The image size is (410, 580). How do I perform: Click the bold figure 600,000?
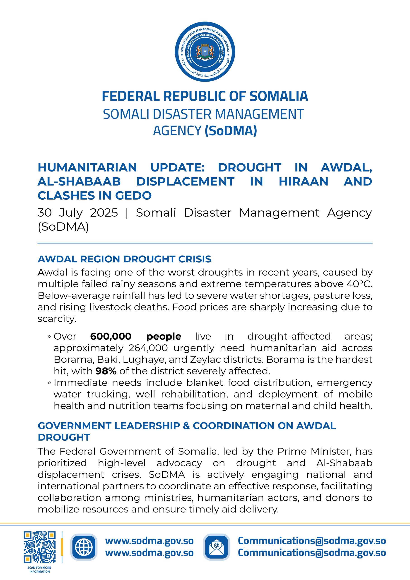coord(111,336)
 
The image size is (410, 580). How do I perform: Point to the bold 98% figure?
coord(106,371)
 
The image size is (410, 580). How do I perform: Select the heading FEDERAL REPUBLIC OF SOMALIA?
coord(205,96)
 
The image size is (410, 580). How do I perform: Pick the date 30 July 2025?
coord(77,213)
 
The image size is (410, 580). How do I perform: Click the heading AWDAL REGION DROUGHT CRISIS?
coord(124,259)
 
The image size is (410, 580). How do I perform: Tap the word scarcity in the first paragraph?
coord(57,319)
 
